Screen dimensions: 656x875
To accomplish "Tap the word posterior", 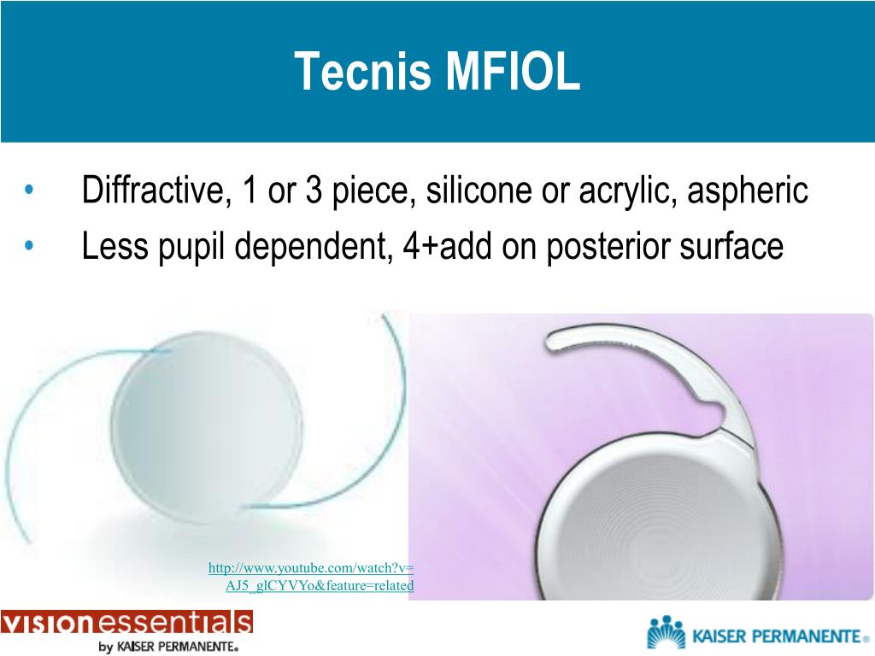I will point(608,247).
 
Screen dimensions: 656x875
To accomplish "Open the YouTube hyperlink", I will point(311,577).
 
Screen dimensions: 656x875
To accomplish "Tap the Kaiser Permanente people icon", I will point(667,633).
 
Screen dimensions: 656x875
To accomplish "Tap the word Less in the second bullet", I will point(109,247).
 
